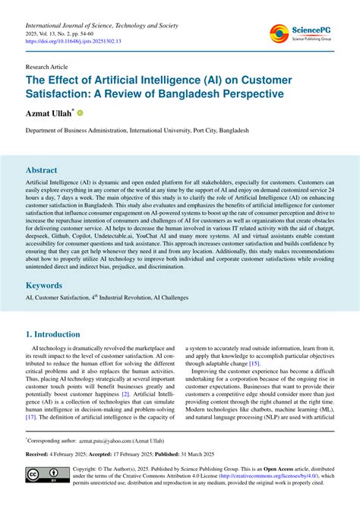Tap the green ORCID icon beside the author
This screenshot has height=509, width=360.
[81, 112]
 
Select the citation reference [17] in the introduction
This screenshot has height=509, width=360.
[32, 416]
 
